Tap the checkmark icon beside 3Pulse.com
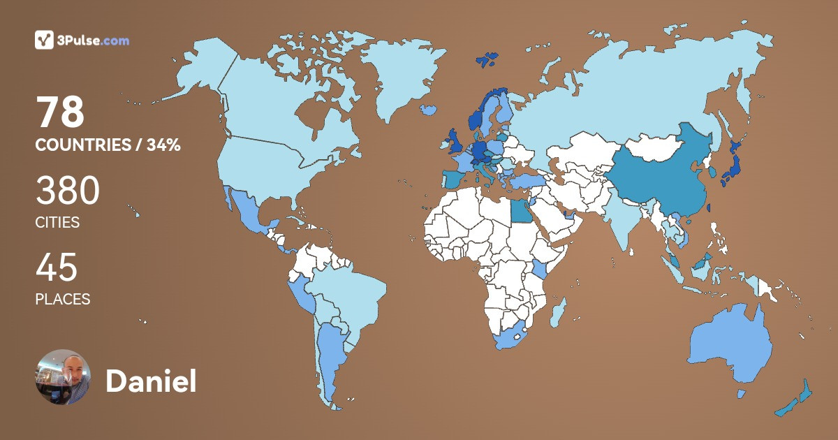(44, 40)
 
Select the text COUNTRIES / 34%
(108, 145)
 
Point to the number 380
(67, 190)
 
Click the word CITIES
(57, 223)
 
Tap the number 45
(56, 267)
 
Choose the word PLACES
(63, 299)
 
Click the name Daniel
(151, 381)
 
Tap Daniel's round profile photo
(63, 377)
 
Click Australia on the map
(730, 342)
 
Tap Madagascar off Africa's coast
(557, 312)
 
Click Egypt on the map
(520, 210)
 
